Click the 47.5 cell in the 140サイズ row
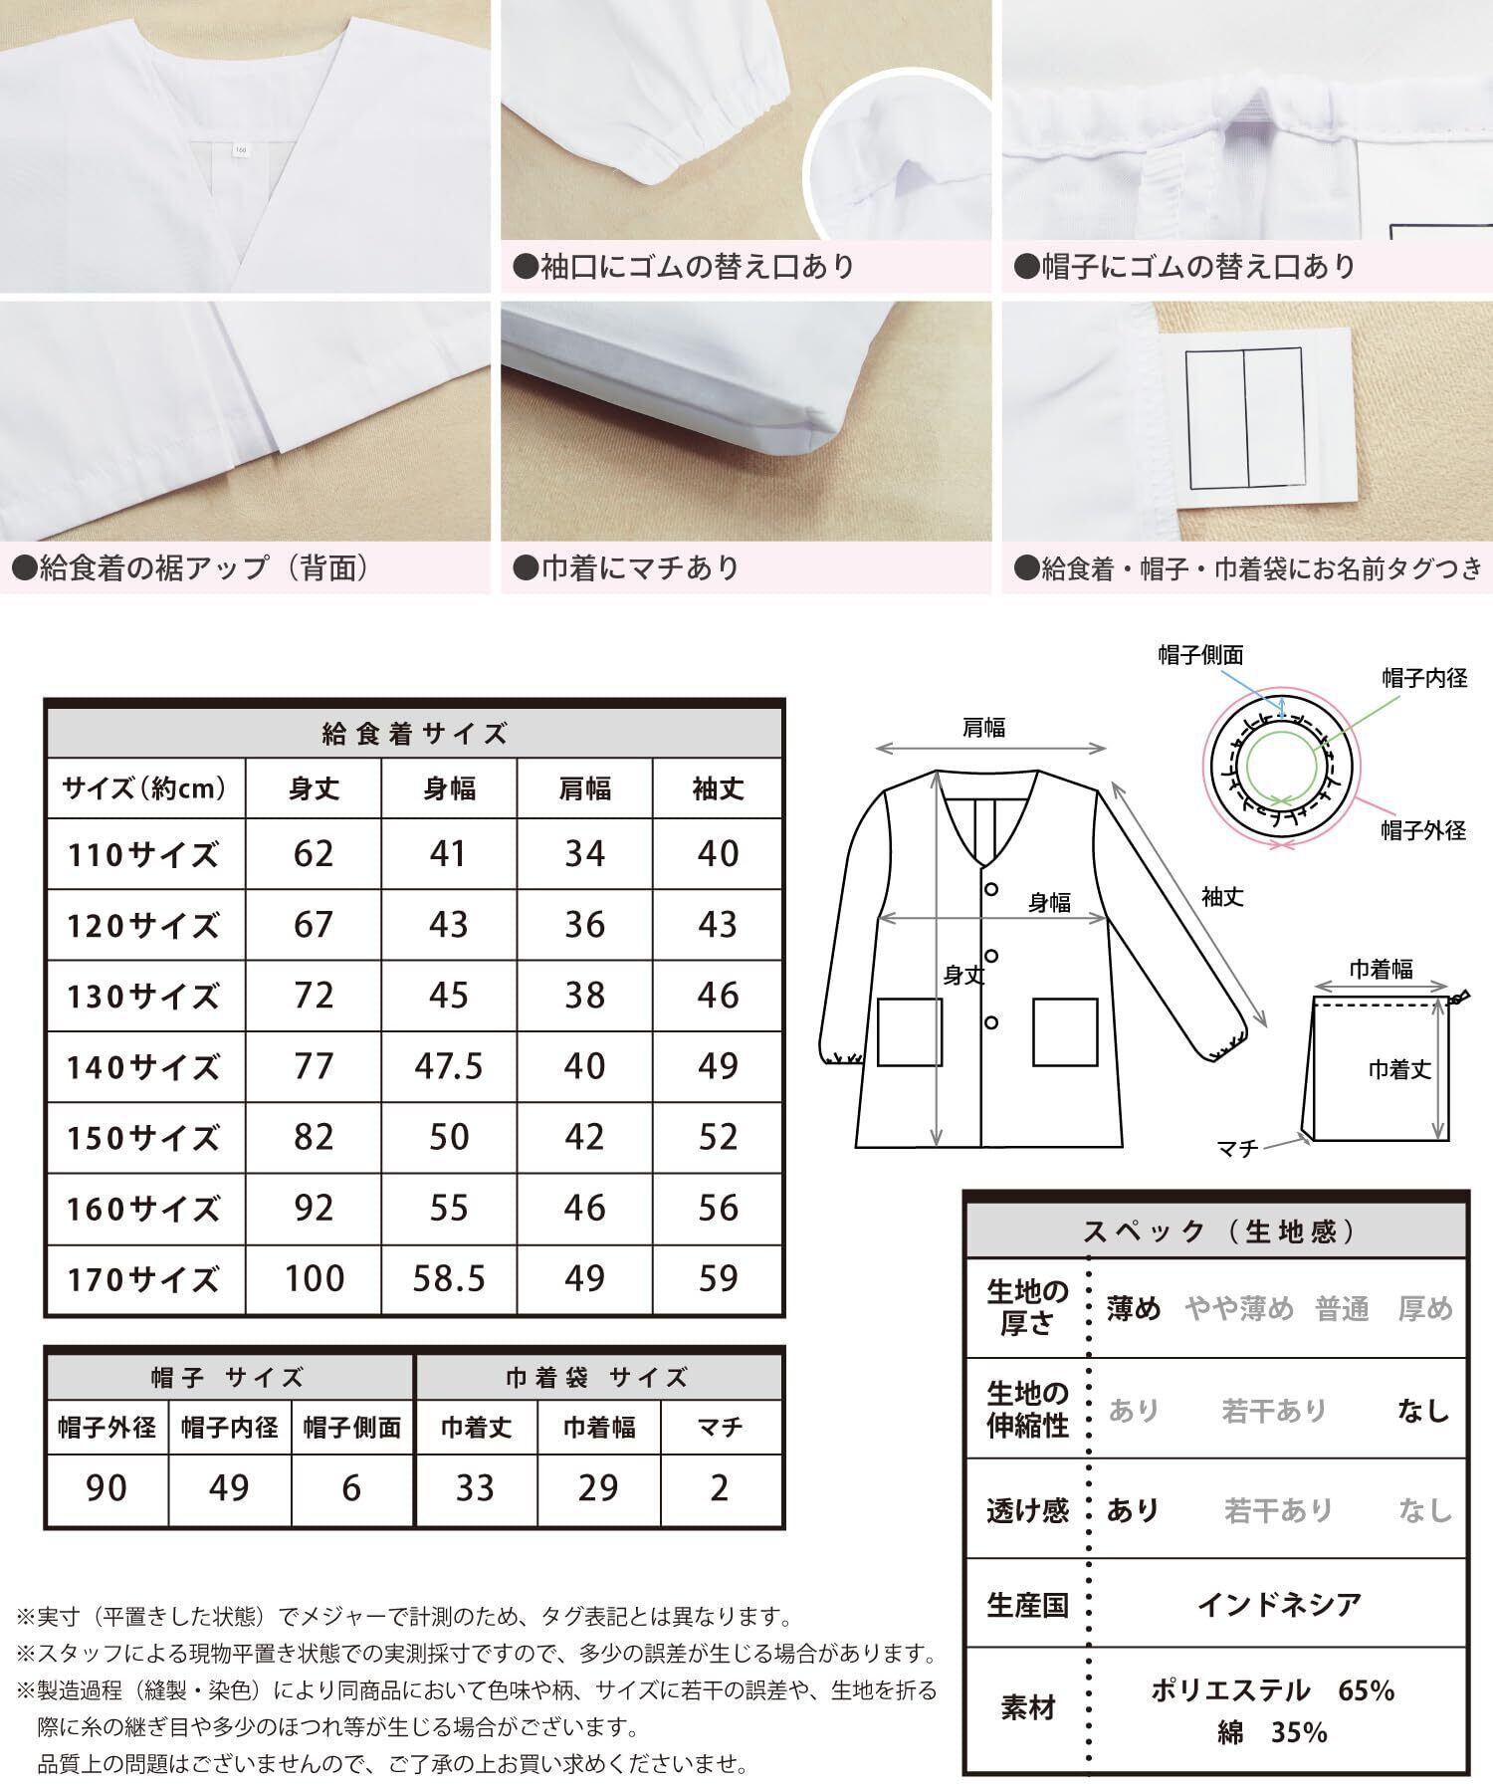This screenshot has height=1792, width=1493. click(449, 1066)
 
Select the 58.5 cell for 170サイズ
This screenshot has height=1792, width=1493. click(449, 1279)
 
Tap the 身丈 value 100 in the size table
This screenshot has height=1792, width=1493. click(314, 1279)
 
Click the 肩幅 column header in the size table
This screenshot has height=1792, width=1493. click(584, 789)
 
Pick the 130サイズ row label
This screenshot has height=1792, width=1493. click(143, 997)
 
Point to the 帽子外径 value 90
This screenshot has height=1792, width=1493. click(107, 1488)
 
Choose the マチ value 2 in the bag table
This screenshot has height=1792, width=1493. click(720, 1488)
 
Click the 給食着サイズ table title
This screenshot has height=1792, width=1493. click(415, 735)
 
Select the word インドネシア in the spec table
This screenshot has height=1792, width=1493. click(1279, 1604)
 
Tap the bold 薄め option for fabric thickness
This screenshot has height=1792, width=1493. click(1134, 1309)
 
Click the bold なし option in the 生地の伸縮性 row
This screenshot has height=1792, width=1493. click(1424, 1410)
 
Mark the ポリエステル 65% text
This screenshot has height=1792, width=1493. click(1273, 1689)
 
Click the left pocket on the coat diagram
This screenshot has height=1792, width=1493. click(909, 1032)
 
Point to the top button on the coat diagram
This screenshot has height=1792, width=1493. click(991, 888)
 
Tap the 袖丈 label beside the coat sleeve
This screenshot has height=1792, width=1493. click(1222, 897)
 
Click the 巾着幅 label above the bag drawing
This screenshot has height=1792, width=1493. click(1381, 969)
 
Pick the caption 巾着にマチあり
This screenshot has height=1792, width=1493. click(626, 567)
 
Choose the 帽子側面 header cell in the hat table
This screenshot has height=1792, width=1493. click(351, 1428)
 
